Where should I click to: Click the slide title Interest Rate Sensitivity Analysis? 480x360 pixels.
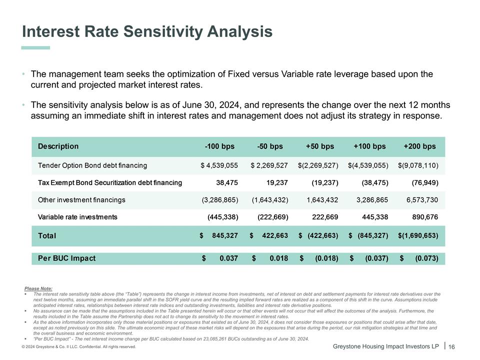point(147,32)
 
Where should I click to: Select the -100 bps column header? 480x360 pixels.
point(219,146)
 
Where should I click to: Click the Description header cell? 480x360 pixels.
point(58,146)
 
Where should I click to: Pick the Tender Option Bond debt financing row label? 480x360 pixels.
point(92,165)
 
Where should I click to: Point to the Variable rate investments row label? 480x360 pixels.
point(77,217)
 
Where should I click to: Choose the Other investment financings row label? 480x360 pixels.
point(81,200)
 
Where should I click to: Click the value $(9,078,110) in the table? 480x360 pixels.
point(418,165)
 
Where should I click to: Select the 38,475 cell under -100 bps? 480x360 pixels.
point(226,182)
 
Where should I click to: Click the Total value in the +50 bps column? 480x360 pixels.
point(318,235)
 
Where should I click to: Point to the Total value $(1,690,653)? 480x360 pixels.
point(418,235)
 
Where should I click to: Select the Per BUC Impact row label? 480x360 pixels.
point(66,258)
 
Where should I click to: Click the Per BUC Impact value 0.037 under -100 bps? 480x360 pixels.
point(227,258)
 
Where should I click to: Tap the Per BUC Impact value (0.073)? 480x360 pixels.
point(426,258)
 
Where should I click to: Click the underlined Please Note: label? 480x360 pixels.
point(38,288)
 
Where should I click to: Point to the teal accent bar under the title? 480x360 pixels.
point(35,48)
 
